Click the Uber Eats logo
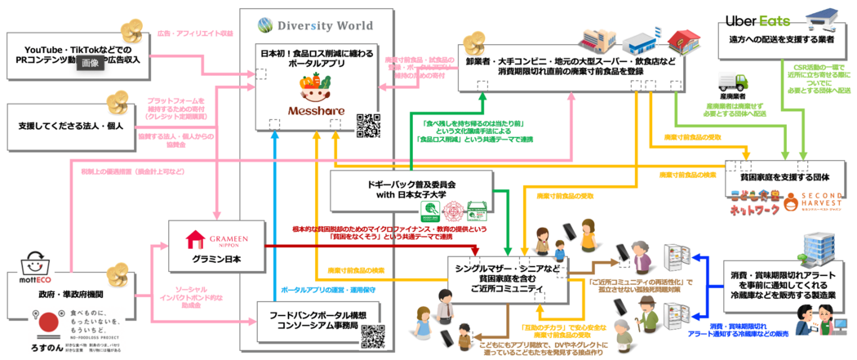pyautogui.click(x=757, y=21)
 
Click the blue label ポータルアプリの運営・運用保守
pyautogui.click(x=322, y=290)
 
